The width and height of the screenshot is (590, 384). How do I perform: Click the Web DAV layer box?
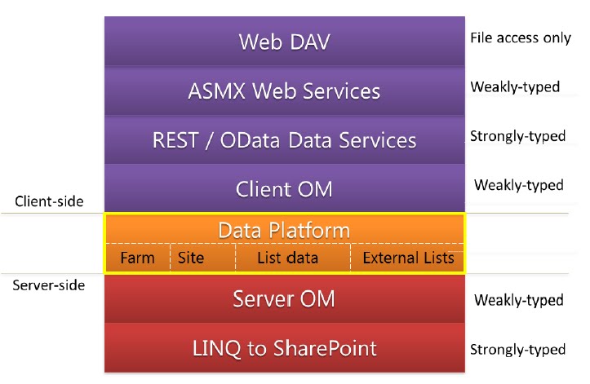[284, 42]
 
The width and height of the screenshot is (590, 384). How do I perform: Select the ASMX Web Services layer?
[284, 90]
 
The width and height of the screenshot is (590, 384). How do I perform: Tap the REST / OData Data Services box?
[284, 139]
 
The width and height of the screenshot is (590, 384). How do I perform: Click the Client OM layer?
[284, 188]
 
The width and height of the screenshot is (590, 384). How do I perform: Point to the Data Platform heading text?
[284, 230]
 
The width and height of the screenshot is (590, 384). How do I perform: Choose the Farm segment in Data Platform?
[137, 258]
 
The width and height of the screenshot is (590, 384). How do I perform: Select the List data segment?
[288, 258]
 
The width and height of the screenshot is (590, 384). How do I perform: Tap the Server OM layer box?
[284, 299]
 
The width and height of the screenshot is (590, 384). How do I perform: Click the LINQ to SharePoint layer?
[284, 348]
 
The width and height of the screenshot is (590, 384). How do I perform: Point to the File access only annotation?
[521, 38]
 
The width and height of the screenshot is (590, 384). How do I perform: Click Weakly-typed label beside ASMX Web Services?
[515, 86]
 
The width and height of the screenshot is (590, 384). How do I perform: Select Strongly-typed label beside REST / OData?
[517, 136]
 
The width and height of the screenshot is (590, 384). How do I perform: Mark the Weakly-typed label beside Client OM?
[518, 185]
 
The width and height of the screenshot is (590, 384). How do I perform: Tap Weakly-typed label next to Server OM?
[518, 300]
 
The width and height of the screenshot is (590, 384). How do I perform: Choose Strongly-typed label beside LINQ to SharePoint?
[517, 349]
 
